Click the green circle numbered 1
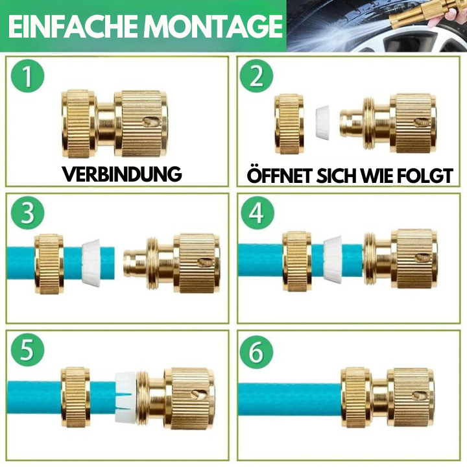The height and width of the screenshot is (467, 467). pos(28,76)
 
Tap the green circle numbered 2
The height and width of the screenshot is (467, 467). pos(256,76)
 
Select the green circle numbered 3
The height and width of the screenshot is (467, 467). pos(28,213)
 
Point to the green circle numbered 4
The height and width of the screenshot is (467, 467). pos(257,213)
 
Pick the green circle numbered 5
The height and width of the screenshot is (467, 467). pos(28,350)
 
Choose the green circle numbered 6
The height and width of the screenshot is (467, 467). pos(256,352)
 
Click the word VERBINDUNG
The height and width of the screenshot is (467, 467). pos(122,174)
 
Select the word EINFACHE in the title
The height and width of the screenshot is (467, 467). pos(76,25)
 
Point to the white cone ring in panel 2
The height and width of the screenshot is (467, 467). pos(322,122)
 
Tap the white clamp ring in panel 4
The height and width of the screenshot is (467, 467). pos(333,259)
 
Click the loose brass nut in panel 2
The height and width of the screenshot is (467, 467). pos(289,124)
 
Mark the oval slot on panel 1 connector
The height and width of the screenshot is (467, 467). pos(152,122)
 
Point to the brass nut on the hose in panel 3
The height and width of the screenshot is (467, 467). pos(49,264)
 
